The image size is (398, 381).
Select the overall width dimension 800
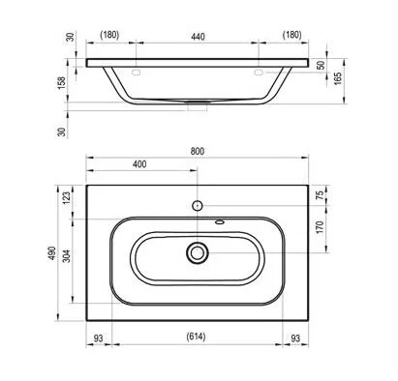point(198,151)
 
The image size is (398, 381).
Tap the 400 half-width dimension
point(141,165)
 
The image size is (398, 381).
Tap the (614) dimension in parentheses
point(198,337)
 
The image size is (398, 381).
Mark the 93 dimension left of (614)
point(98,337)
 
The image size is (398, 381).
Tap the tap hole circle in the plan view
point(198,205)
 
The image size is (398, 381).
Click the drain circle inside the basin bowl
point(198,253)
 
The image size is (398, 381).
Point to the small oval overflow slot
point(219,221)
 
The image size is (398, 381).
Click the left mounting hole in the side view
point(137,73)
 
